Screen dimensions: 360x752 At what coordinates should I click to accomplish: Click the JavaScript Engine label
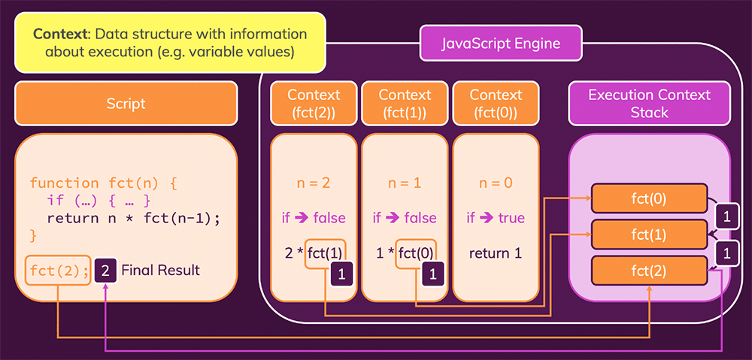coord(500,44)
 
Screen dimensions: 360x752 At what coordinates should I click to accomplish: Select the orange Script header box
coord(126,103)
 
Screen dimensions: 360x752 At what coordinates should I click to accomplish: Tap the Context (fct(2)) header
coord(314,104)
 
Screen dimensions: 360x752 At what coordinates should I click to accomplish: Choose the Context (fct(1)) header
coord(405,104)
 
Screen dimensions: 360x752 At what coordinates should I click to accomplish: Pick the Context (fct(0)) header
coord(496,104)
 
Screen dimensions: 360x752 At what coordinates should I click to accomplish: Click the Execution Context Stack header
coord(649,104)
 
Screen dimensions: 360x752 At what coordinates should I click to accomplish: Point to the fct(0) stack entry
coord(649,198)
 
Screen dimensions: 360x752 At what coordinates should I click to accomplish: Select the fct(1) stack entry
coord(649,234)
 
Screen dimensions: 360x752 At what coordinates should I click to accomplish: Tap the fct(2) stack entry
coord(649,270)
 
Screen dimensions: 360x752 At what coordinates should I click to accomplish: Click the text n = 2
coord(314,183)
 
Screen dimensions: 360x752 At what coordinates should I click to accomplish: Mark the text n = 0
coord(496,183)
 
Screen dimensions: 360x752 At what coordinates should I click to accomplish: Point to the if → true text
coord(496,218)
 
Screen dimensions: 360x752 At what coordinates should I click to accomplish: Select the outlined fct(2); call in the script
coord(59,270)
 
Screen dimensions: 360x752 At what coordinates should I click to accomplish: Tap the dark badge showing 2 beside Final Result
coord(106,270)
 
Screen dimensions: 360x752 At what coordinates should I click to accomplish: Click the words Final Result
coord(160,270)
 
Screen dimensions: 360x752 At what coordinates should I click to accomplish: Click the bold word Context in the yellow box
coord(61,35)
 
